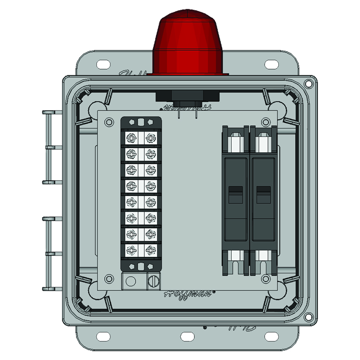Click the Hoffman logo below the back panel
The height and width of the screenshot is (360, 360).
[188, 293]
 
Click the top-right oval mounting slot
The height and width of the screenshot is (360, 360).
[272, 64]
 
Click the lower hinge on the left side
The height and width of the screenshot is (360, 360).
[52, 253]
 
